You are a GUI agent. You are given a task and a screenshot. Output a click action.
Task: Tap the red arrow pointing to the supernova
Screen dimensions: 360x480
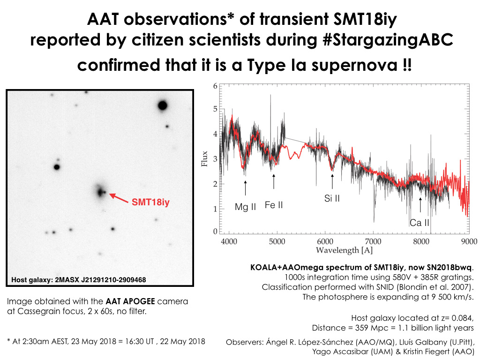click(119, 197)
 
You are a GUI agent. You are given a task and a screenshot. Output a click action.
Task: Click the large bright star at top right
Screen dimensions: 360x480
click(163, 105)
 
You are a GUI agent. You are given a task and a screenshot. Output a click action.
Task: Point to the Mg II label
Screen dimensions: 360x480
click(245, 207)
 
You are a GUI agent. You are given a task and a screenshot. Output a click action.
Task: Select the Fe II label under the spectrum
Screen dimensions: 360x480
click(274, 205)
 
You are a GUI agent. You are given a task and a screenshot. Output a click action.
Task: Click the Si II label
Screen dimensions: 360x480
click(332, 198)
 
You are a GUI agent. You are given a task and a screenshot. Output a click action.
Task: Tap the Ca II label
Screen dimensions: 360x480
click(419, 223)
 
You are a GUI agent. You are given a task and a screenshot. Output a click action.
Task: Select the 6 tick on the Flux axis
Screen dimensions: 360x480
click(215, 86)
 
